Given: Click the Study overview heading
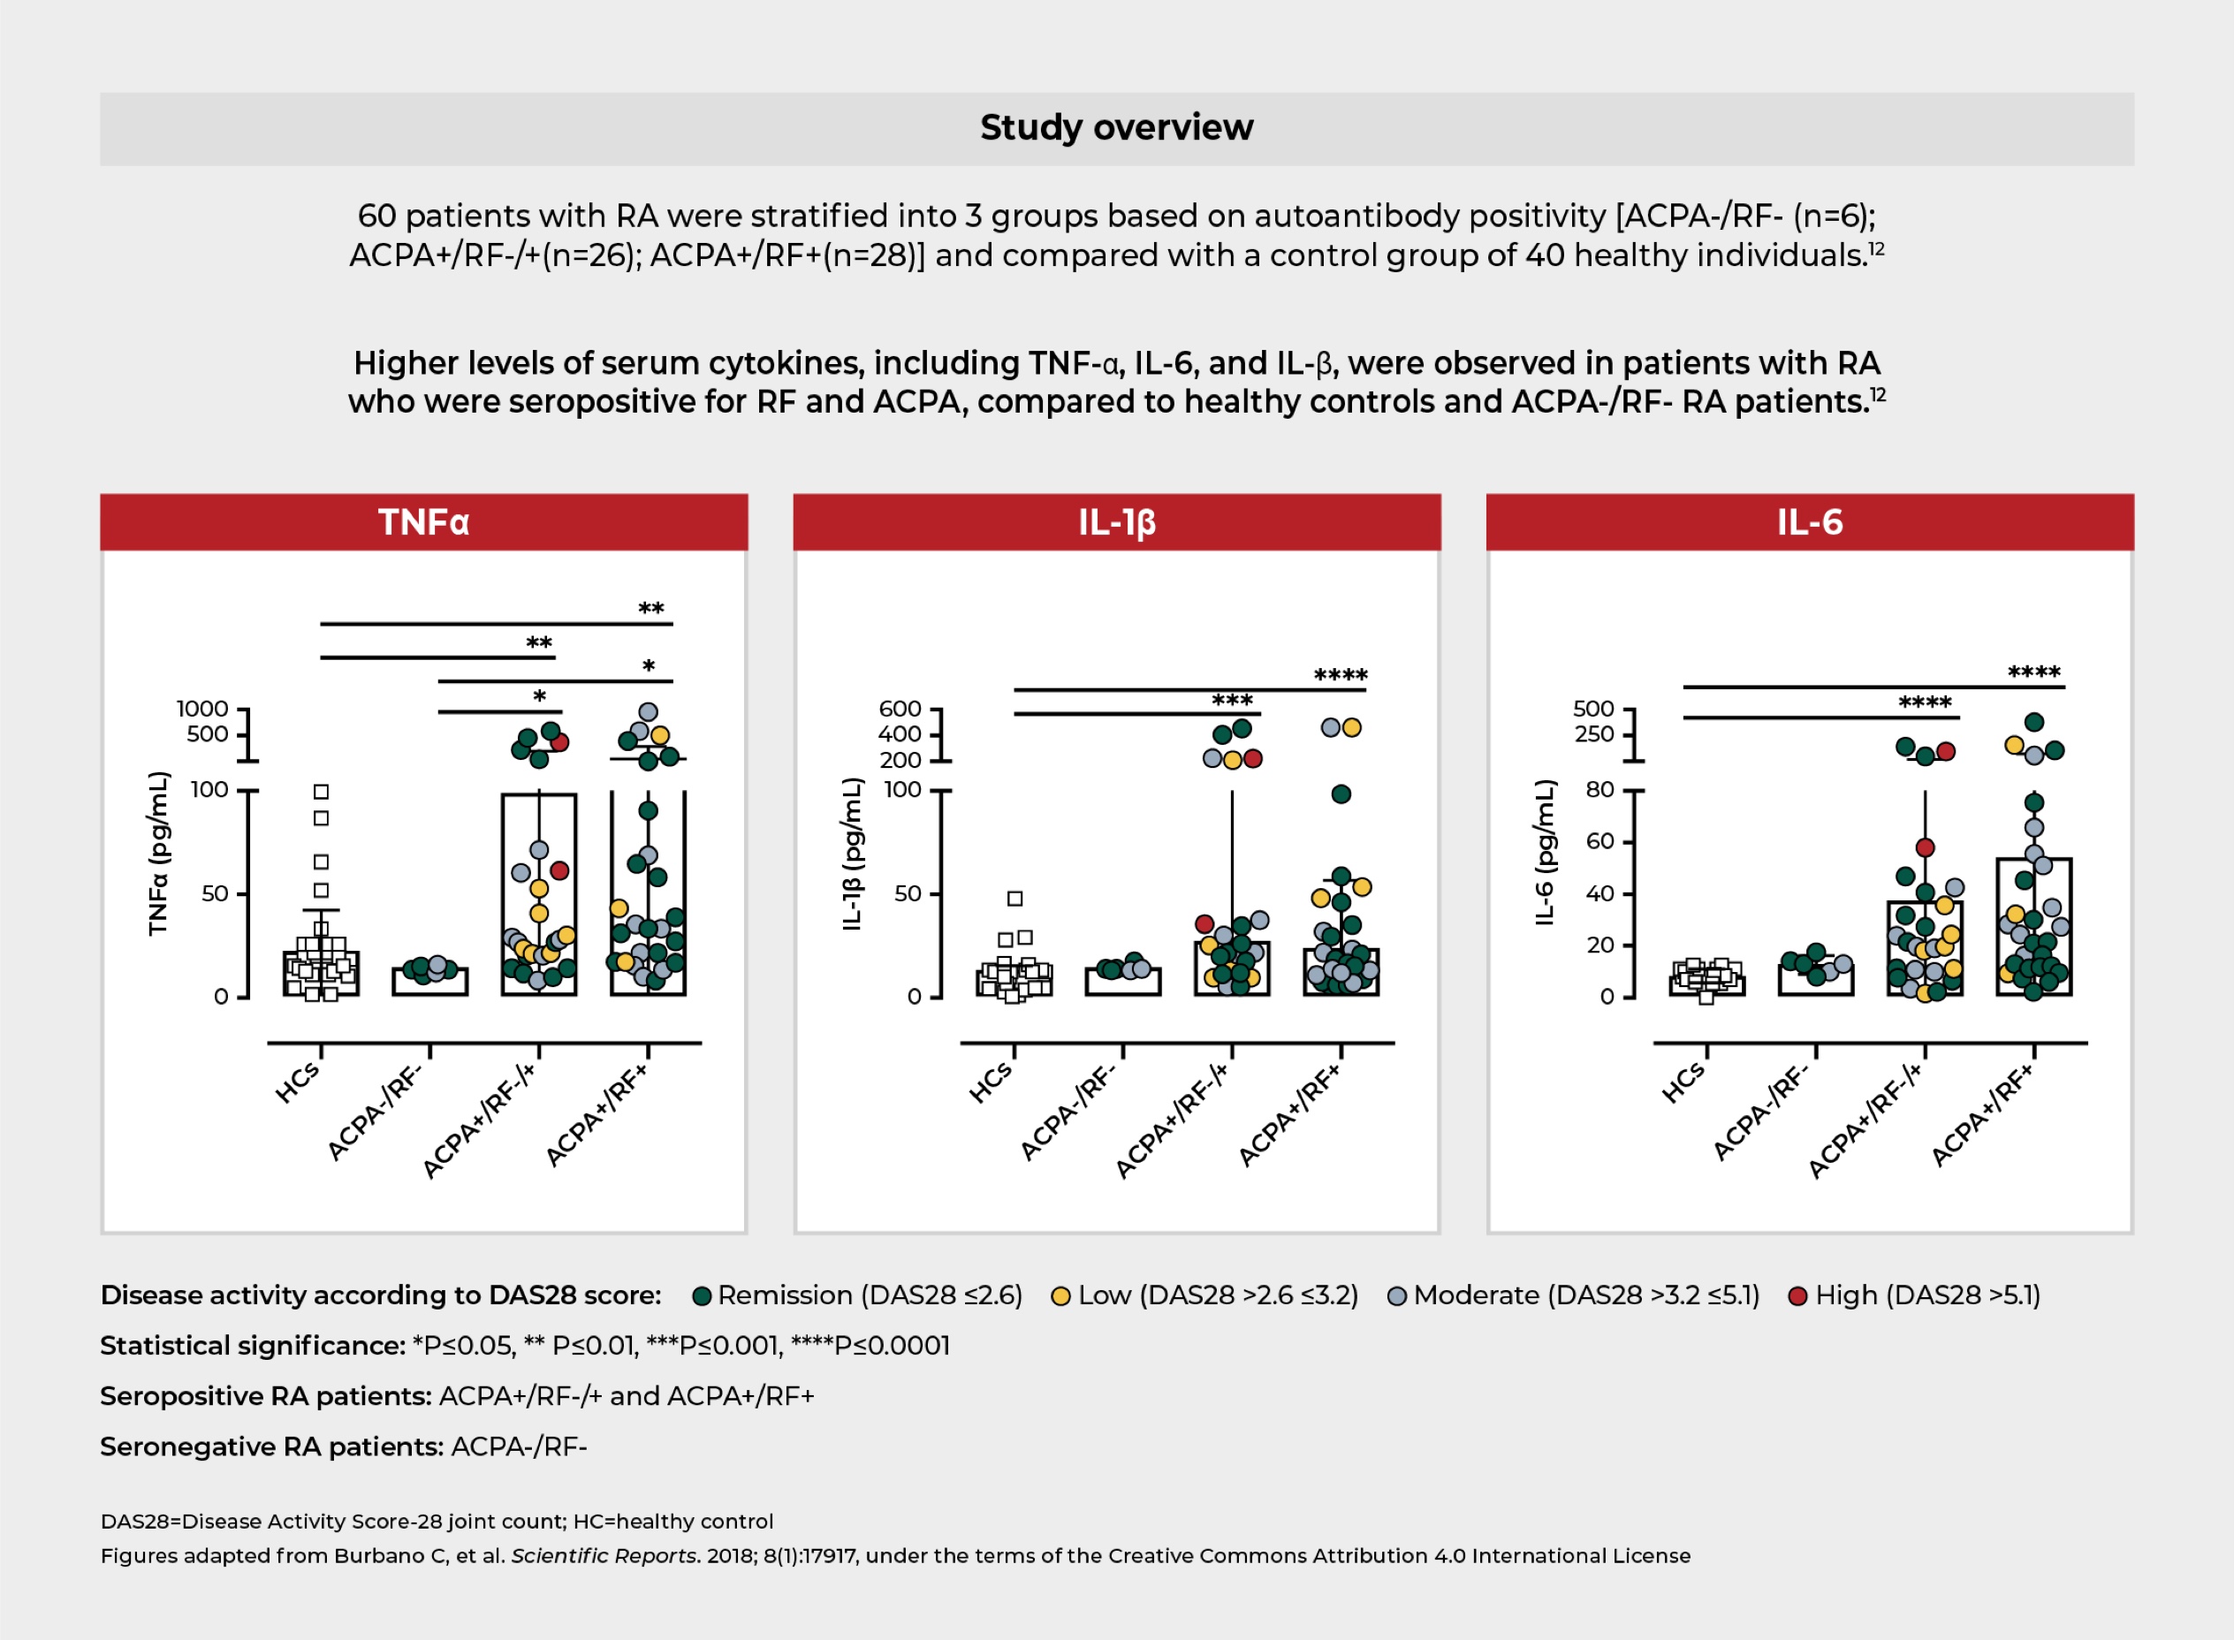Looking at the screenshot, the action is (x=1116, y=128).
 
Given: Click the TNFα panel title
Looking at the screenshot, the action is (x=423, y=522).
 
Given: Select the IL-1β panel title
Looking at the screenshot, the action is (x=1117, y=523).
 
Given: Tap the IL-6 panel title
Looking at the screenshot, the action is (x=1809, y=522).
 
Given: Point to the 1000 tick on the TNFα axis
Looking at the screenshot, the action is (x=202, y=709).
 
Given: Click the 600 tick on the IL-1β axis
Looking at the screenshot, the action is (x=900, y=709).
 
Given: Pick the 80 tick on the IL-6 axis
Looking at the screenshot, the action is (x=1600, y=790).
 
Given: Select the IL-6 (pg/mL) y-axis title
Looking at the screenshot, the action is (x=1544, y=854).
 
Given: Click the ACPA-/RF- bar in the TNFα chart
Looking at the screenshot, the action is (x=429, y=982).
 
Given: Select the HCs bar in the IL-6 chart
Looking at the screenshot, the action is (x=1706, y=984).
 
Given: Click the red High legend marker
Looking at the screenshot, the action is (x=1797, y=1296).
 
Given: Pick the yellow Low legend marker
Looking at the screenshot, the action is (x=1060, y=1296).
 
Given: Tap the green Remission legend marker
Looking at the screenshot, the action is (x=702, y=1296).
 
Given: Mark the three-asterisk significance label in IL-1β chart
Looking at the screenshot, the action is (x=1232, y=701).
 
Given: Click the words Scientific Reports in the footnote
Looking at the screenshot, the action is (x=604, y=1556).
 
